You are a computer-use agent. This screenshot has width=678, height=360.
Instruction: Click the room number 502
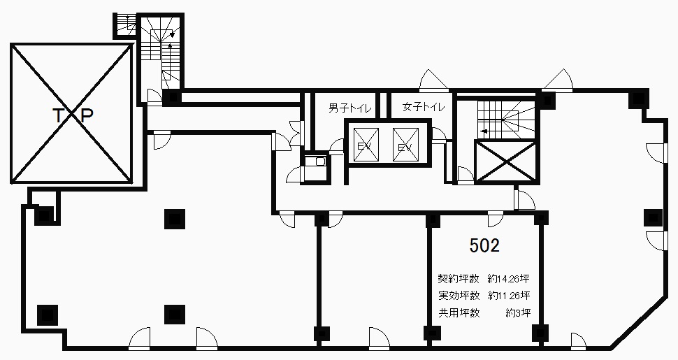[484, 245]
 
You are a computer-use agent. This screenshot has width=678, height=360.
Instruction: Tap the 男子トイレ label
[349, 108]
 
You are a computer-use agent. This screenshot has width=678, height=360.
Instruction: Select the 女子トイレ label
[424, 106]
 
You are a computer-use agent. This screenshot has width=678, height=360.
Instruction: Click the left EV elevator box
[366, 145]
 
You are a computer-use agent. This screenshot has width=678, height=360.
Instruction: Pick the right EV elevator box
[405, 145]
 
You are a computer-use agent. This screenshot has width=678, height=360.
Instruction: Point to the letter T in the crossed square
[58, 115]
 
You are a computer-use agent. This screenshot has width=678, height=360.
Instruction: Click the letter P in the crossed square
[87, 115]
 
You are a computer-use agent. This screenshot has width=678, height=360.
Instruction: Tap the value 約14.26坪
[509, 278]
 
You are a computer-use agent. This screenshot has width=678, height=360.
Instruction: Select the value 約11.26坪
[509, 296]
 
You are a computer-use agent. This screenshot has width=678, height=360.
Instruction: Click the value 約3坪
[518, 313]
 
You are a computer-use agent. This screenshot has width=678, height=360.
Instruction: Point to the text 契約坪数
[459, 278]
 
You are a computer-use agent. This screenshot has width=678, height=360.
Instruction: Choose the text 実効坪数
[459, 296]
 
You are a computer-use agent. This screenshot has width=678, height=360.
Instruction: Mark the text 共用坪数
[459, 313]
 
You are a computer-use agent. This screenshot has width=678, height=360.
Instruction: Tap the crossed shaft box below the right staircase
[505, 162]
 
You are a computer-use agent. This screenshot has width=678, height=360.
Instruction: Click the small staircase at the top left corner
[125, 24]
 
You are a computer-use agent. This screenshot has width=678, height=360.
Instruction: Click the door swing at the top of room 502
[496, 219]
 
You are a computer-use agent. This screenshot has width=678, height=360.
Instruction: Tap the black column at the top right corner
[638, 99]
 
